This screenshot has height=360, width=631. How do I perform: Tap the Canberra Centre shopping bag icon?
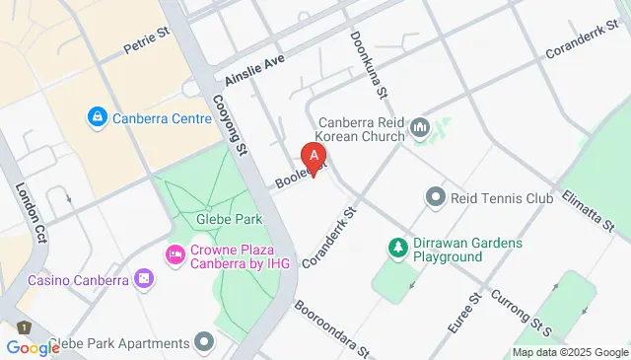(97, 118)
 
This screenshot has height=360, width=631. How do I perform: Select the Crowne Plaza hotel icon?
(175, 255)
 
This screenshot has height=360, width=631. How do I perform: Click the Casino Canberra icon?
(145, 280)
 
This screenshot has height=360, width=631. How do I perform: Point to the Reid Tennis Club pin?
(436, 198)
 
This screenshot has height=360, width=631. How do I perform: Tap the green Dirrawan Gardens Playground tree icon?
(398, 246)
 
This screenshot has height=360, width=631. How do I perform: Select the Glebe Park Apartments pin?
(205, 342)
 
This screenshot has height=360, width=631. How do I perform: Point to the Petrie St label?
(148, 45)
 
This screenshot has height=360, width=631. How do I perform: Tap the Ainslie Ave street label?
(254, 66)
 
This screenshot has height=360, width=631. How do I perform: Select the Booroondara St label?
(333, 327)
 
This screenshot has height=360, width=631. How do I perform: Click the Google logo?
(33, 348)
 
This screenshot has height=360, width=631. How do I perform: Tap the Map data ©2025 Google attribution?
(570, 352)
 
